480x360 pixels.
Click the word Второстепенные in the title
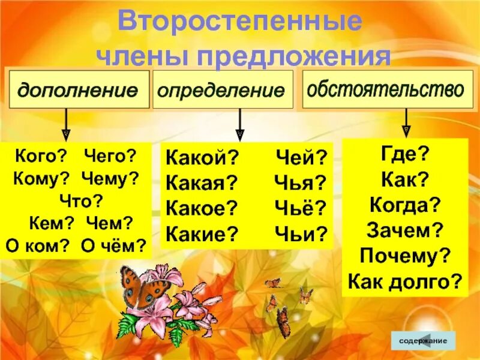(239, 23)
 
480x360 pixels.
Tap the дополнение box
(77, 91)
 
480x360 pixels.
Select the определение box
(222, 91)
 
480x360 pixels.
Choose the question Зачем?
(405, 229)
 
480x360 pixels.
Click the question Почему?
(405, 254)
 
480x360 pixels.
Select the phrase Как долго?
(405, 280)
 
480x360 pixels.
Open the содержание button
(422, 340)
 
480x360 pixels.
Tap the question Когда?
(405, 204)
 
